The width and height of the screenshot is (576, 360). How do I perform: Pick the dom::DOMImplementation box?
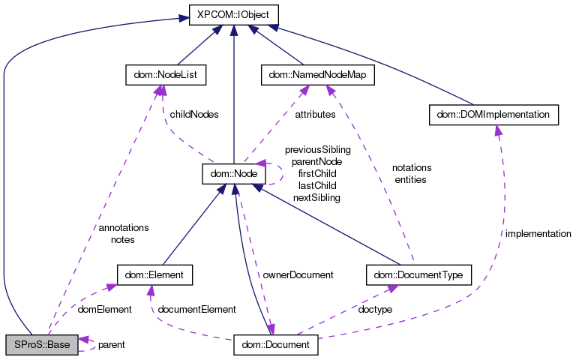tap(493, 115)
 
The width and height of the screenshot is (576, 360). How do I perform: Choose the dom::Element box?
tap(155, 275)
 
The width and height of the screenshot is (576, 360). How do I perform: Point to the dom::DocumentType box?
tap(418, 275)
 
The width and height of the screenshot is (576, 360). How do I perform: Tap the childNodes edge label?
tap(194, 115)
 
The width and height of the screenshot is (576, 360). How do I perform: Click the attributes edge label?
tap(315, 115)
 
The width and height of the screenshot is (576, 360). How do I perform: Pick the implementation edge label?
tap(538, 234)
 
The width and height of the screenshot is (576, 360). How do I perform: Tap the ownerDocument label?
tap(298, 275)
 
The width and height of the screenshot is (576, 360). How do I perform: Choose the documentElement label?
tap(197, 309)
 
